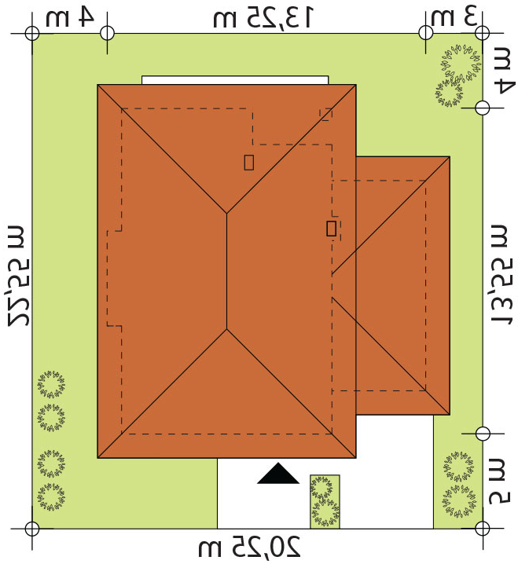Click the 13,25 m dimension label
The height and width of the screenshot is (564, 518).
263,17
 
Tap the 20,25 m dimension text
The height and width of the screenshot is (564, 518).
249,547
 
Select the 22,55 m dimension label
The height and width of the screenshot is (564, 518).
19,276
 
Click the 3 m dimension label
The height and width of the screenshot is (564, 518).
454,17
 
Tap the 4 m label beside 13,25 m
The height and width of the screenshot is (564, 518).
70,17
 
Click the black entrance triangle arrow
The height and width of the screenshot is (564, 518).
278,474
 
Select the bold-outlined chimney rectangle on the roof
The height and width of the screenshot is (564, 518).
331,229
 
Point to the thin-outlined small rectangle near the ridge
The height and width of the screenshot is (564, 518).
248,163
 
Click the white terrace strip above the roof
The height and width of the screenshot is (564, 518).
235,80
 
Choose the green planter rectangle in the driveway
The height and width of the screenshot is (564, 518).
325,501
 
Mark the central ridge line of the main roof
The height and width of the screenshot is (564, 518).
226,271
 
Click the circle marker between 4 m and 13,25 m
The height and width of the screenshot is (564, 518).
107,33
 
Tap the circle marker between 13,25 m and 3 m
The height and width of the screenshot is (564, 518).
425,32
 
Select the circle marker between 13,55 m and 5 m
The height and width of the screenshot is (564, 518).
483,434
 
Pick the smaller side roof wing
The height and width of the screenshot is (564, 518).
402,286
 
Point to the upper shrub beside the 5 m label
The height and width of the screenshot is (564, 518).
458,467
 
